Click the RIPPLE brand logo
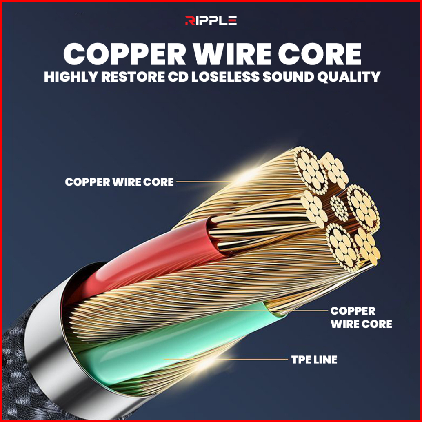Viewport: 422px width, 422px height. coord(211,20)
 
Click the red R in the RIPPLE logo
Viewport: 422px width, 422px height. coord(189,20)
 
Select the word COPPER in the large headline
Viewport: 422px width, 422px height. coord(124,54)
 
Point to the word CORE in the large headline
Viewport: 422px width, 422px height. coord(320,54)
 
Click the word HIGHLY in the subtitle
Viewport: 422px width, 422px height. coord(71,77)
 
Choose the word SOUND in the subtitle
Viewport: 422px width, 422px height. coord(288,77)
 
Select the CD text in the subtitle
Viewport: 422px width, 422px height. coord(178,77)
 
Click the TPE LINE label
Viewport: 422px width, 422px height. coord(314,360)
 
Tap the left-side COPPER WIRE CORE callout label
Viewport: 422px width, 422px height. coord(119,182)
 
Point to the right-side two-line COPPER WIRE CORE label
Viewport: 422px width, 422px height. coord(361,317)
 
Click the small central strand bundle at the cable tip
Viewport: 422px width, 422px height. coord(339,208)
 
